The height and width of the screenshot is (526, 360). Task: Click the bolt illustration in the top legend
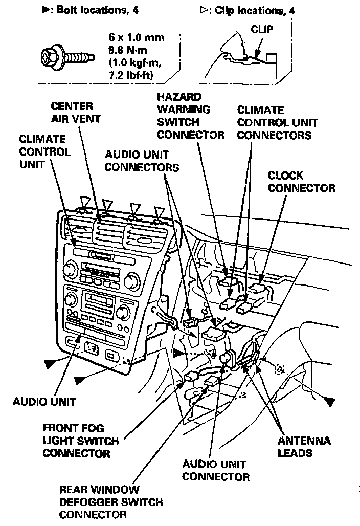[67, 52]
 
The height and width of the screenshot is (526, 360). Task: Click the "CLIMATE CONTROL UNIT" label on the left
[43, 151]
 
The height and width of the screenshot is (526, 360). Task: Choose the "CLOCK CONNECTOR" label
[301, 182]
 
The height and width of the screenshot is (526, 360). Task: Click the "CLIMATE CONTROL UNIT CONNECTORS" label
[277, 122]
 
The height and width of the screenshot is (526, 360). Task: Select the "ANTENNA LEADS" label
[304, 447]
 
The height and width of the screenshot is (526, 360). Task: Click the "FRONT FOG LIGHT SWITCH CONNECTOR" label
[80, 441]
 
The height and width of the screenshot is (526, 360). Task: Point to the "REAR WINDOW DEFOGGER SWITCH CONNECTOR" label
[110, 502]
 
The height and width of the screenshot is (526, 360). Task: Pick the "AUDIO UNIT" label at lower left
[44, 402]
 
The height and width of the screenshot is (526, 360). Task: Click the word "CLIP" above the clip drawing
[261, 30]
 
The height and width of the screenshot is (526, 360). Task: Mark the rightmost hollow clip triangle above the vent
[160, 211]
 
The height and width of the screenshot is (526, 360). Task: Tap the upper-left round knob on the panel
[69, 269]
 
